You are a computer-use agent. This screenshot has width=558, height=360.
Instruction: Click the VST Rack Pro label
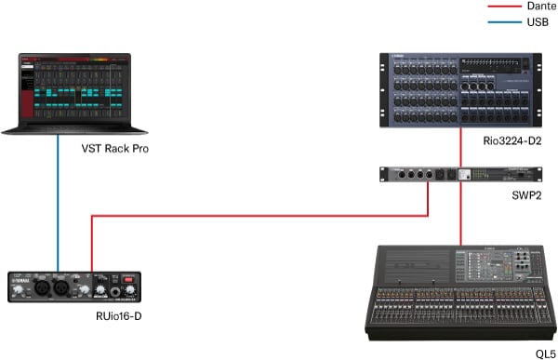[115, 149]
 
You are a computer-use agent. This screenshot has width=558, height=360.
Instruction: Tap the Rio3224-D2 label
[507, 140]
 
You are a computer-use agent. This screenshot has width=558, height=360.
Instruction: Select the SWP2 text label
[525, 197]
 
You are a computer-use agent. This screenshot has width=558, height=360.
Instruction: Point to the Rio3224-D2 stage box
[460, 91]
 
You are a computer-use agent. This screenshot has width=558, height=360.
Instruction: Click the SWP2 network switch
[460, 174]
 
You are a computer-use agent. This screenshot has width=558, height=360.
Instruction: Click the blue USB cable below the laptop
[58, 205]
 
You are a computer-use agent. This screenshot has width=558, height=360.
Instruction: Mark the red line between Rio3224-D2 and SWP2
[460, 149]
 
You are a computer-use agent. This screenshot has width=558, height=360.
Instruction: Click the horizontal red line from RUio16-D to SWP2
[260, 217]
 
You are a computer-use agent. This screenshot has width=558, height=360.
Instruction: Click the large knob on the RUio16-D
[119, 291]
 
